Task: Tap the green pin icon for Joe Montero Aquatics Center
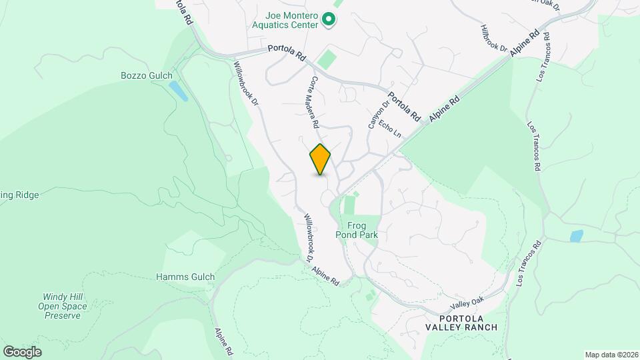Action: point(328,21)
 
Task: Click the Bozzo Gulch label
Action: point(147,76)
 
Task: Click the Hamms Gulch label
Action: point(185,277)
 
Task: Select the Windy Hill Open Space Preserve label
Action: point(65,306)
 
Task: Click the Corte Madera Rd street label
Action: point(313,102)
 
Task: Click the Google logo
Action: point(22,351)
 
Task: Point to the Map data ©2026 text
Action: point(611,355)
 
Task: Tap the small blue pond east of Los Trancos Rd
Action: point(576,236)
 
